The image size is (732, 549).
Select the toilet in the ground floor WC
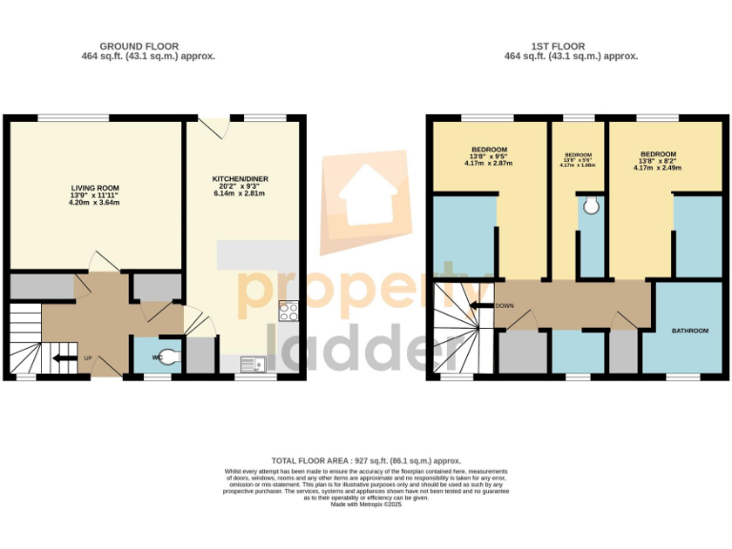168,358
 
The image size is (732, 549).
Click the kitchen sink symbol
254,362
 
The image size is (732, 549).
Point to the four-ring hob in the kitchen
289,312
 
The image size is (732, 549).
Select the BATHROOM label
690,331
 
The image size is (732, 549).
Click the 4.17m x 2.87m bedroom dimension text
488,164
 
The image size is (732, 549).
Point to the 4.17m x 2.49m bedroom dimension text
658,169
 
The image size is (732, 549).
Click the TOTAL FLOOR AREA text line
366,459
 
